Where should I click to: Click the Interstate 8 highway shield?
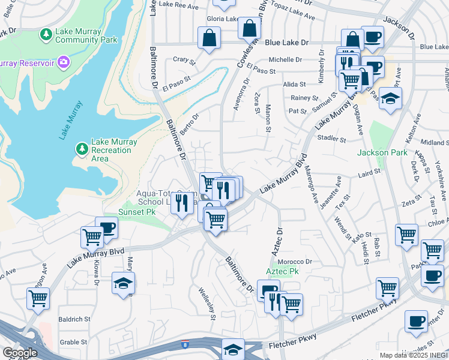[185, 345]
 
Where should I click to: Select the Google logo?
[20, 353]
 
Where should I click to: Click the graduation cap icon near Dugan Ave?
[390, 98]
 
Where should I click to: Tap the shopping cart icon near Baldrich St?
[38, 298]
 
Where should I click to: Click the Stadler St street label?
[334, 139]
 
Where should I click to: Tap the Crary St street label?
[184, 61]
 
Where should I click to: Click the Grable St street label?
[74, 343]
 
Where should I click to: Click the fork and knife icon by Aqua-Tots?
[181, 203]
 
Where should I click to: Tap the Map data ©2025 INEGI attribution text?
[413, 355]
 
